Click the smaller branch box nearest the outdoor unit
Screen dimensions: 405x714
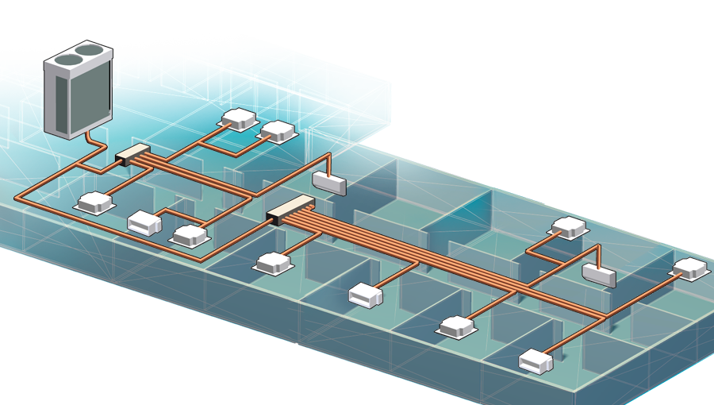[133, 153]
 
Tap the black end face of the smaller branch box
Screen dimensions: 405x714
[121, 160]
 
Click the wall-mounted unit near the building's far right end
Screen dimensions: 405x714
[599, 275]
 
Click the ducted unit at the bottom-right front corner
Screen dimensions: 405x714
[535, 362]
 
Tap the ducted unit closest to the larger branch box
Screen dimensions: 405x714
[366, 295]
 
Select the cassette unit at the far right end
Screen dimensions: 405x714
[689, 268]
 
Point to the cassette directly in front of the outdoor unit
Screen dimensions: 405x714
[94, 202]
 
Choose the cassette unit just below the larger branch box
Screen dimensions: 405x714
[274, 261]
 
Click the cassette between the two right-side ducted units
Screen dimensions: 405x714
[456, 325]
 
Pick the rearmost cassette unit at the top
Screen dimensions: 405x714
[239, 118]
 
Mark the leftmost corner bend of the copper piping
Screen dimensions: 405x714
[19, 195]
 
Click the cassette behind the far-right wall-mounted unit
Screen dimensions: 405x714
[570, 227]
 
